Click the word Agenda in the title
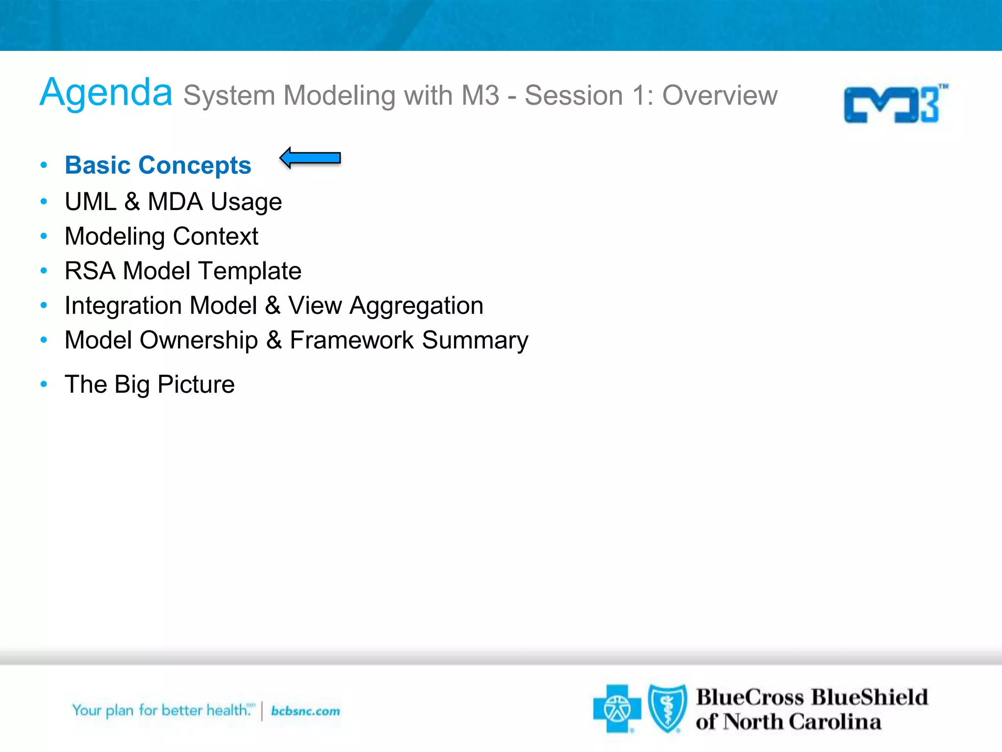pyautogui.click(x=106, y=93)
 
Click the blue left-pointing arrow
pyautogui.click(x=310, y=158)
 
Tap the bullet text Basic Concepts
pyautogui.click(x=158, y=165)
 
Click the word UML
pyautogui.click(x=91, y=202)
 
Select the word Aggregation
pyautogui.click(x=416, y=306)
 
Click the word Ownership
pyautogui.click(x=199, y=340)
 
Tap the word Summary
pyautogui.click(x=475, y=340)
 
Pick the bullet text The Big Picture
pyautogui.click(x=149, y=384)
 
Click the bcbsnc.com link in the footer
pyautogui.click(x=305, y=711)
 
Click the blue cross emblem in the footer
pyautogui.click(x=616, y=708)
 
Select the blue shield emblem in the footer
pyautogui.click(x=667, y=708)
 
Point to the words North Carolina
pyautogui.click(x=802, y=722)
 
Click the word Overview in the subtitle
pyautogui.click(x=720, y=95)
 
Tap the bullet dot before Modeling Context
pyautogui.click(x=44, y=236)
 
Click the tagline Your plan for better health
pyautogui.click(x=161, y=710)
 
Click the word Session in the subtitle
pyautogui.click(x=573, y=95)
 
